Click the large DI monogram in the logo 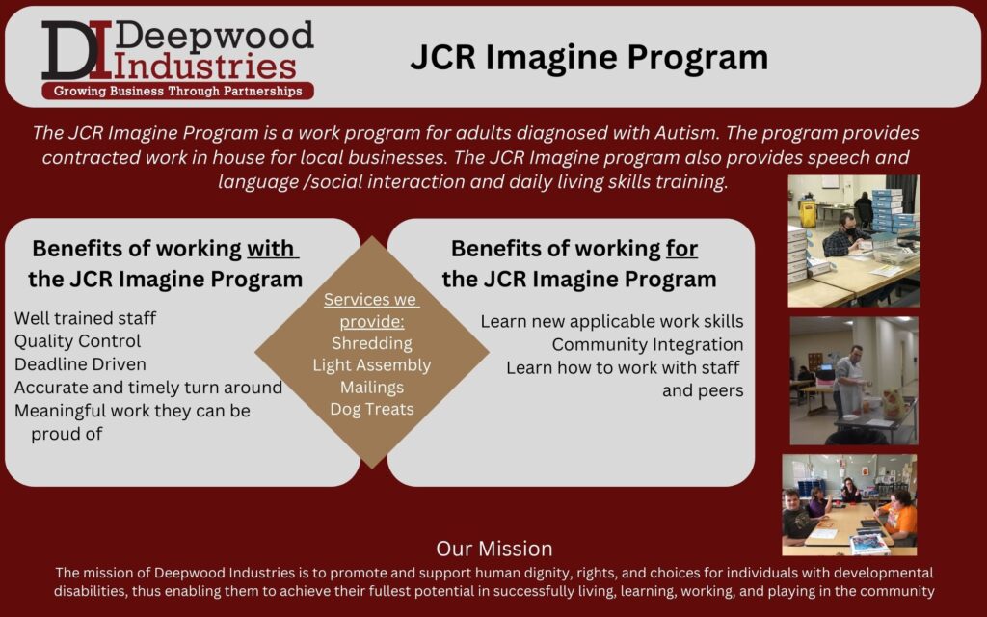[x=77, y=50]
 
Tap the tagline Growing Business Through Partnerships [x=177, y=91]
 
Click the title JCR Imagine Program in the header [x=589, y=57]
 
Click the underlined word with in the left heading [x=271, y=248]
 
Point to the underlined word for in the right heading [x=681, y=248]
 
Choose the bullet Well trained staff [x=85, y=318]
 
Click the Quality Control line [x=77, y=341]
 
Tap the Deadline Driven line [x=80, y=364]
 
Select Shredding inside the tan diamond [x=372, y=343]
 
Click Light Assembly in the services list [x=372, y=365]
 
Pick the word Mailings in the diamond [x=372, y=388]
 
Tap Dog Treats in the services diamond [x=372, y=409]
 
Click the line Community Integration [x=648, y=344]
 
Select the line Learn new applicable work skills [x=612, y=321]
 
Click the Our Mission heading [x=494, y=549]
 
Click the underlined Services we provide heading [x=372, y=310]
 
